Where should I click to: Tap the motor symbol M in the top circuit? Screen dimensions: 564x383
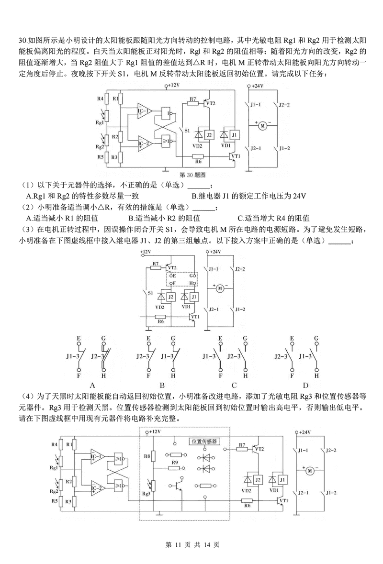coord(262,125)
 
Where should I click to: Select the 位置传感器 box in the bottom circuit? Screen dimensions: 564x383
coord(205,442)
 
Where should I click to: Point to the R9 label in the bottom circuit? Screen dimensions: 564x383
coord(175,463)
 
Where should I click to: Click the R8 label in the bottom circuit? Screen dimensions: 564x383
coord(147,456)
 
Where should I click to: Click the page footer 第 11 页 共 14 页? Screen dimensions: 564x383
coord(191,544)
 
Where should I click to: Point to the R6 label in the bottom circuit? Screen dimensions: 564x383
coord(247,505)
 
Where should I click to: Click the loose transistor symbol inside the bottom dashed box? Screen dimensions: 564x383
coord(178,485)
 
